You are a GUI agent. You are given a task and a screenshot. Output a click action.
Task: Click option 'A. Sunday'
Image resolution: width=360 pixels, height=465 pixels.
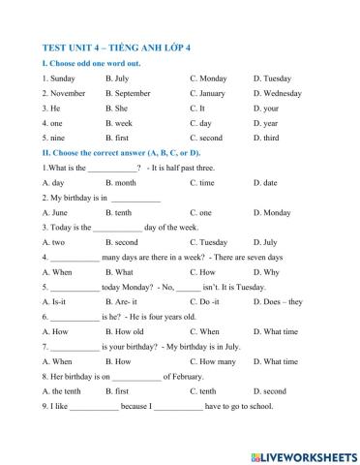pyautogui.click(x=59, y=77)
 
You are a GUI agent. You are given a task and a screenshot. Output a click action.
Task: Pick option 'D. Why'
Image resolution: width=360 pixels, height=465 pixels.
pyautogui.click(x=266, y=272)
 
